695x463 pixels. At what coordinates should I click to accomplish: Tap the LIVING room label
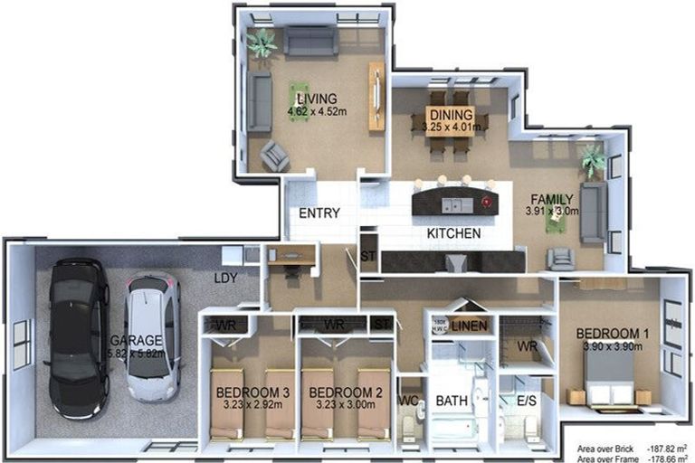(x=312, y=99)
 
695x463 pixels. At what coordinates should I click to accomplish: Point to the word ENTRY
(x=319, y=214)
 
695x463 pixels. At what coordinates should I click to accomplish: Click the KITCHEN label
(x=453, y=233)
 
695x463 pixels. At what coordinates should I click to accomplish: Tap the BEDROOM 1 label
(x=613, y=334)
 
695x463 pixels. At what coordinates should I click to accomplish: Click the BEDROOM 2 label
(x=340, y=392)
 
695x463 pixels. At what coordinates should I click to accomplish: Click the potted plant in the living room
(x=262, y=42)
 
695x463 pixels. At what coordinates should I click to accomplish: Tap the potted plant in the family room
(x=594, y=161)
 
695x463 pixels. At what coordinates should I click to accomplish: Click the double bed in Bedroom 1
(x=608, y=378)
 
